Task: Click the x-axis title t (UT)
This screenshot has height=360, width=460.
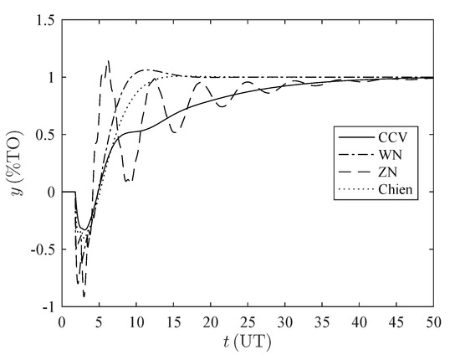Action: coord(248,342)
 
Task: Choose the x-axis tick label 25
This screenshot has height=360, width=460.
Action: coord(248,321)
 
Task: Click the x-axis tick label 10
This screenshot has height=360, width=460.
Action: coord(135,321)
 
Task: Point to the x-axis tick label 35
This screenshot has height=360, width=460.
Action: coord(322,321)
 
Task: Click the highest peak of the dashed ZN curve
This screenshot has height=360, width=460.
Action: coord(108,60)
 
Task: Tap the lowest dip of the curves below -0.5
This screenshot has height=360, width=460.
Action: coord(84,296)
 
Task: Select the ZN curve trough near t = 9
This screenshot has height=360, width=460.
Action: coord(128,181)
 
